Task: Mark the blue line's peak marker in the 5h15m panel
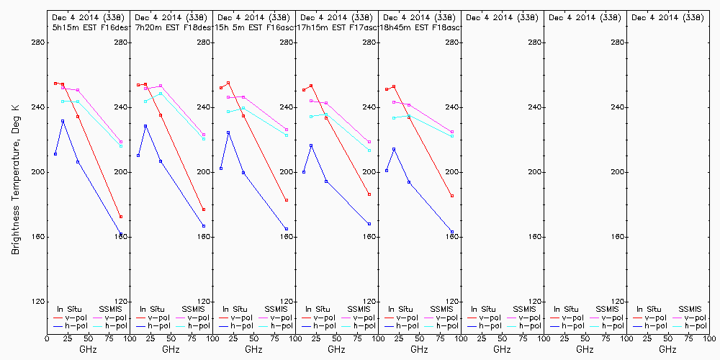[63, 121]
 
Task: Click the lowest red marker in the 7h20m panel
[204, 210]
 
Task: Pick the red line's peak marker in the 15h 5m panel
[228, 83]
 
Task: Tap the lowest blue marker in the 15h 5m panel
[287, 229]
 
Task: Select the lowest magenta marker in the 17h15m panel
[369, 142]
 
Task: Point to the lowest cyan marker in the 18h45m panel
[452, 136]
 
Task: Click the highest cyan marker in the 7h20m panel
[161, 94]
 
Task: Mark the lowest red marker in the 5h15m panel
[121, 217]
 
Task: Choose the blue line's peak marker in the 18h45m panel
[394, 149]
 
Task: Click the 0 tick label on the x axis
[47, 338]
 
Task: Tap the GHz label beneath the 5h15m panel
[88, 349]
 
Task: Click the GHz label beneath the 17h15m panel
[336, 349]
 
